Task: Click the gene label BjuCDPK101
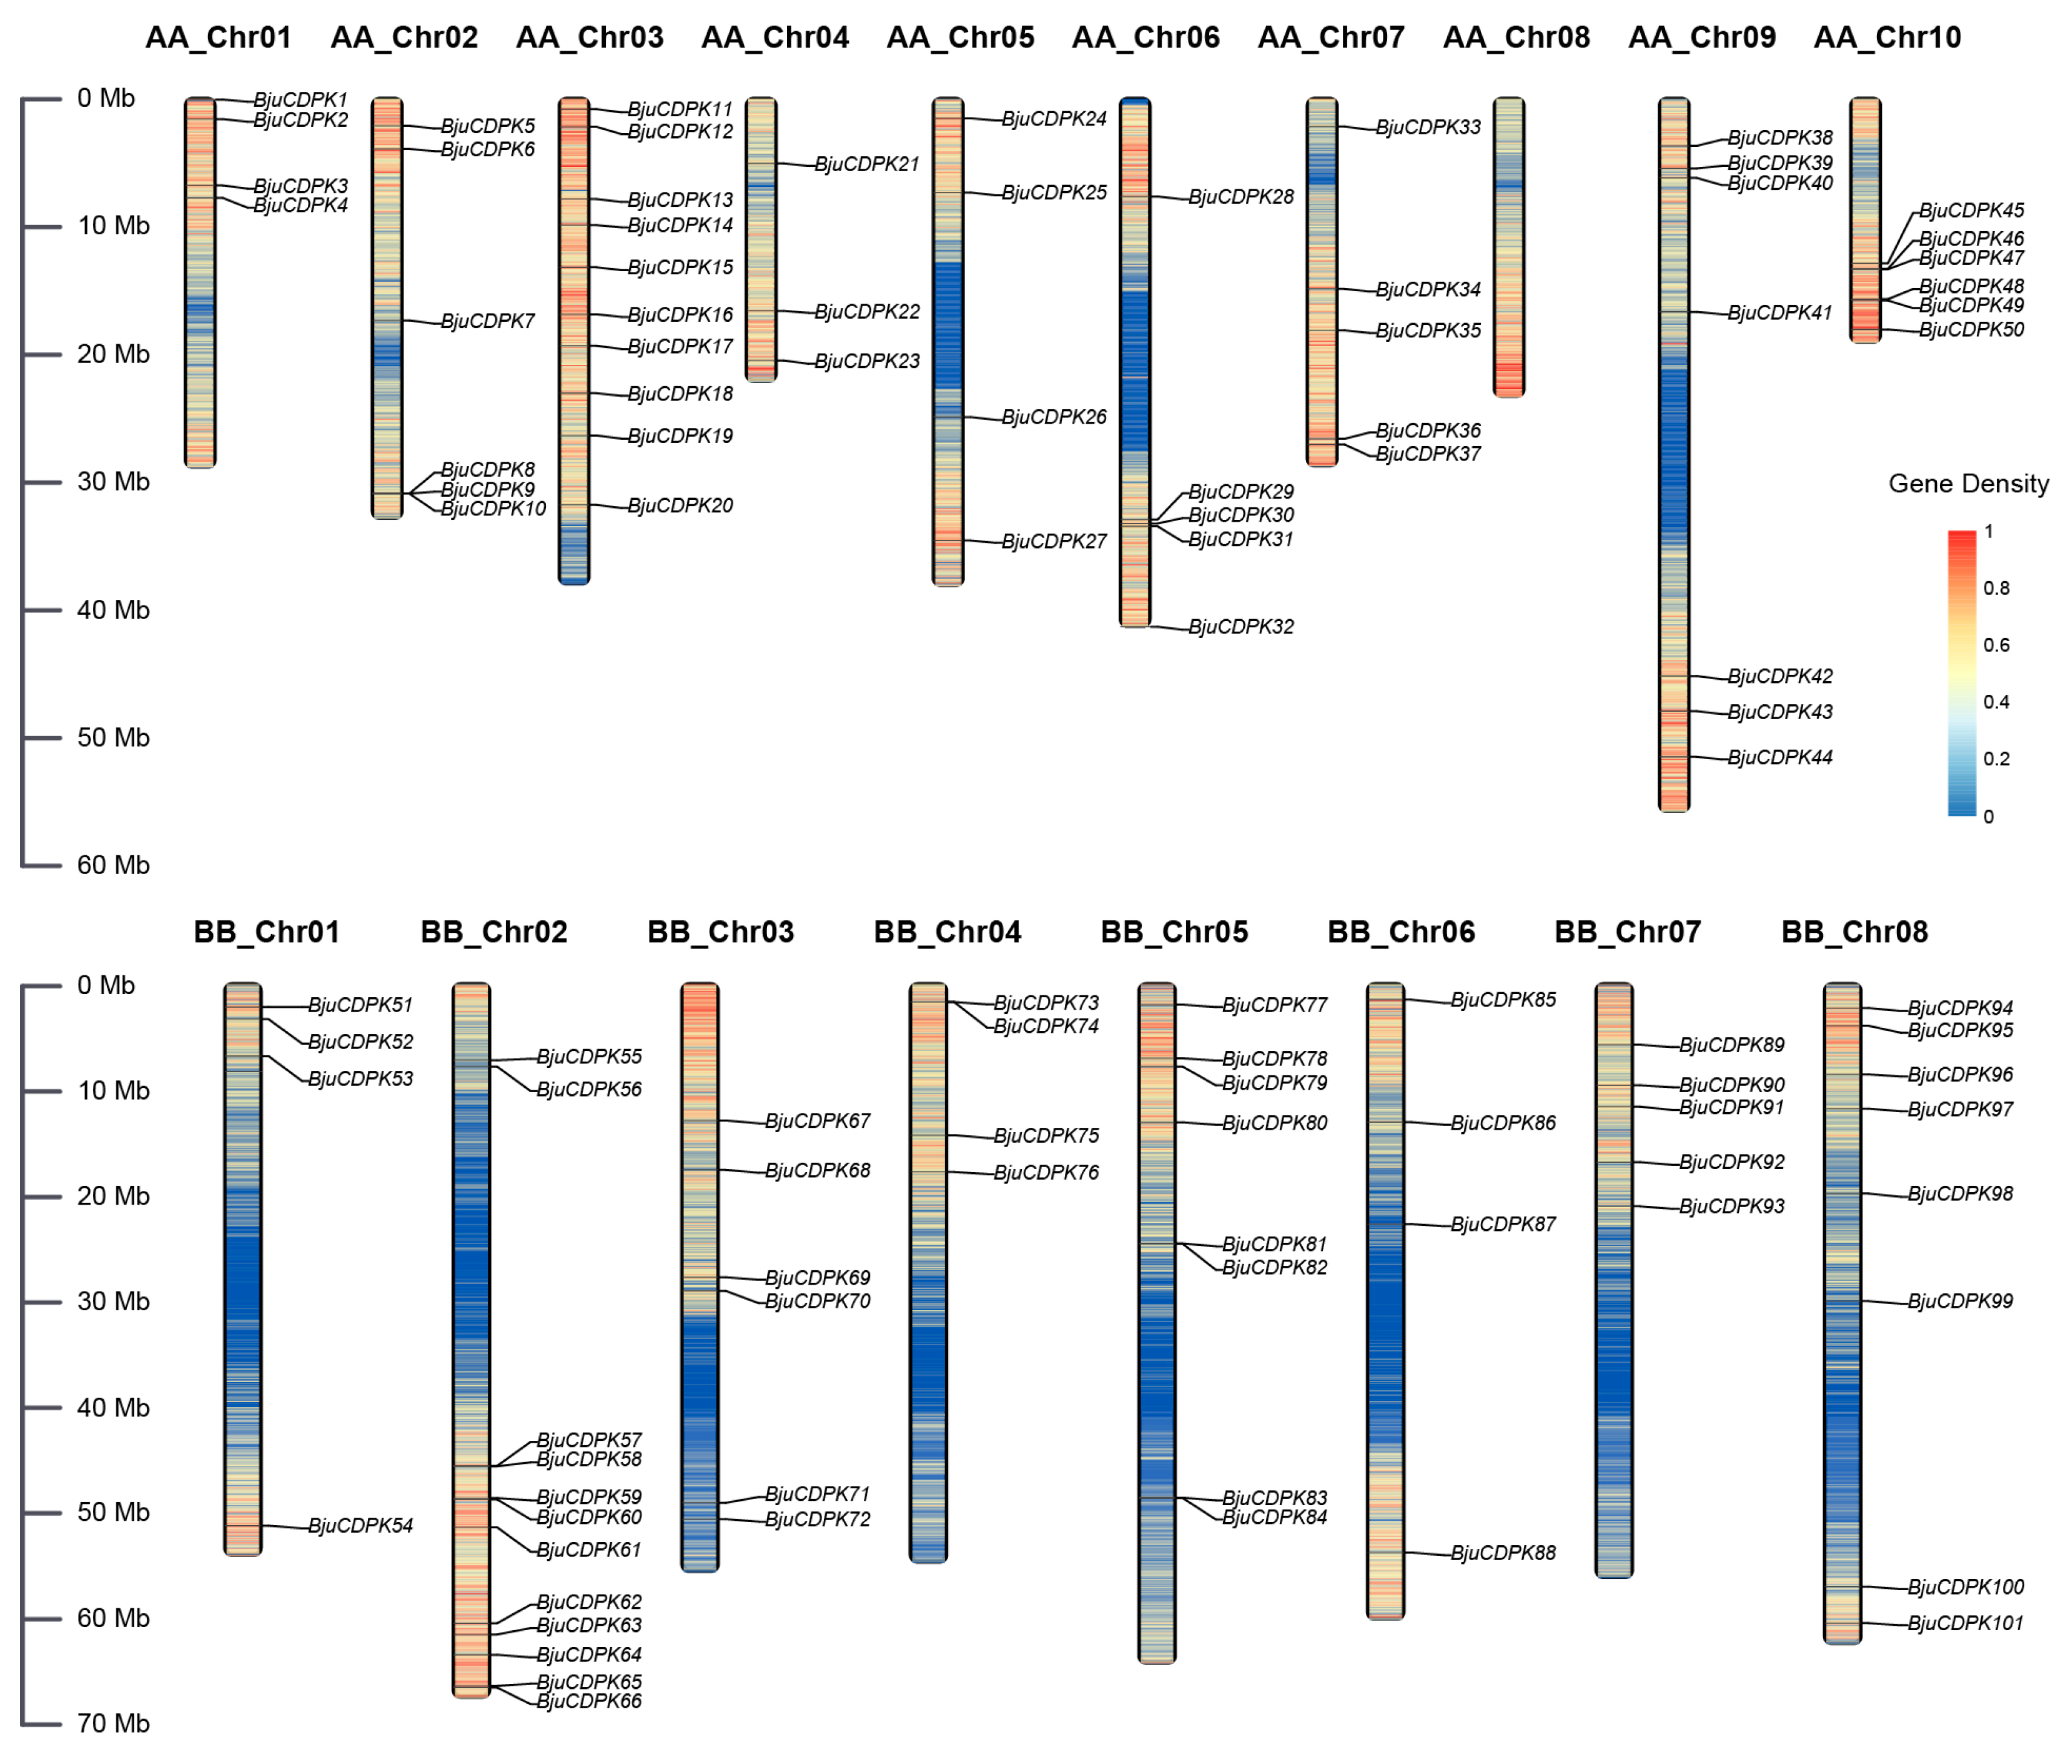point(1965,1623)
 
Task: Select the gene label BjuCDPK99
point(1960,1301)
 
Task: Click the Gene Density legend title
point(1967,484)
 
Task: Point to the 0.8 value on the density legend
point(1996,588)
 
